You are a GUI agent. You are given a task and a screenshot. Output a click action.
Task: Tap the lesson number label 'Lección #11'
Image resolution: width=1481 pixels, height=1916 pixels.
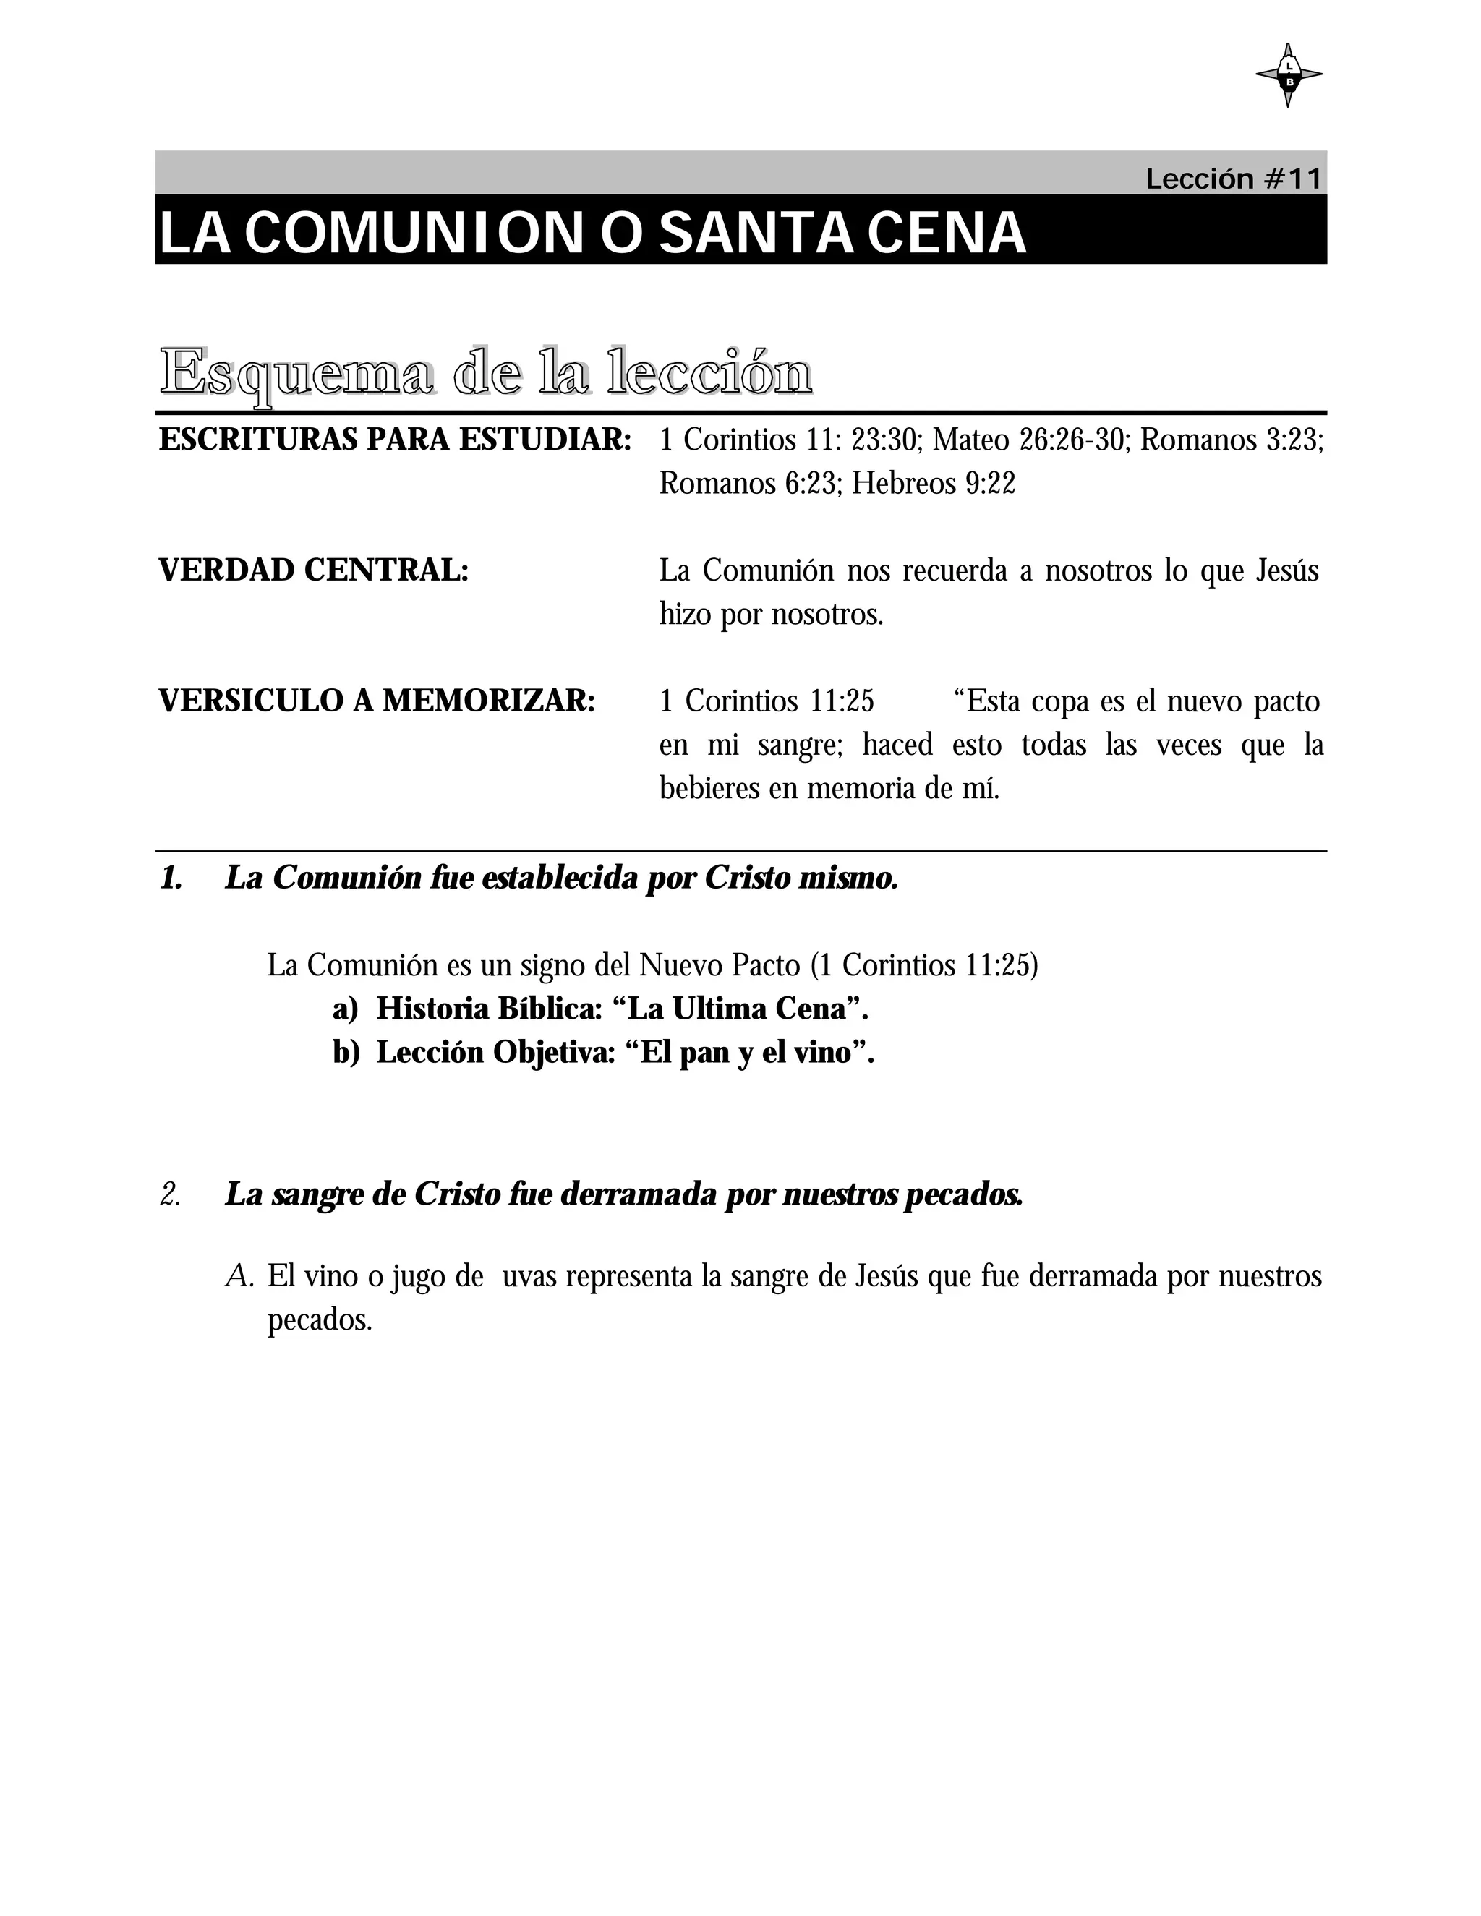[1233, 179]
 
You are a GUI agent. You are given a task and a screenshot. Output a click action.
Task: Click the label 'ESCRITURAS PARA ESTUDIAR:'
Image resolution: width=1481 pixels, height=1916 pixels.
[395, 440]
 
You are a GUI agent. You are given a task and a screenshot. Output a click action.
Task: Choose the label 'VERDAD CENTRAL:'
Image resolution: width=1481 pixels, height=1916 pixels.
[314, 570]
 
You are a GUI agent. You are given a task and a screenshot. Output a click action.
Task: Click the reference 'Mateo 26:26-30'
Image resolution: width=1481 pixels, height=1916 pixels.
[1028, 440]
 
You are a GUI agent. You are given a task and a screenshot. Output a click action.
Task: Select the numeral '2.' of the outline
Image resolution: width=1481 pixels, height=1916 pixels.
[170, 1194]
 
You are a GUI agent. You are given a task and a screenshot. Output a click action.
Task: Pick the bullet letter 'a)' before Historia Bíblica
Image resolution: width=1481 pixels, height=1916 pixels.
[346, 1009]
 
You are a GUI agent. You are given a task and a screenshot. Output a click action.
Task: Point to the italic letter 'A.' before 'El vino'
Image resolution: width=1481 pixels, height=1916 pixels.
[239, 1276]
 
